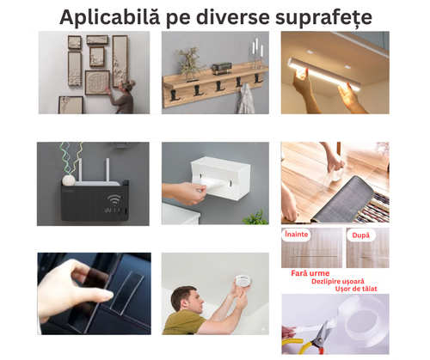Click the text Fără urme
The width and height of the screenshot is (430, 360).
[310, 272]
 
